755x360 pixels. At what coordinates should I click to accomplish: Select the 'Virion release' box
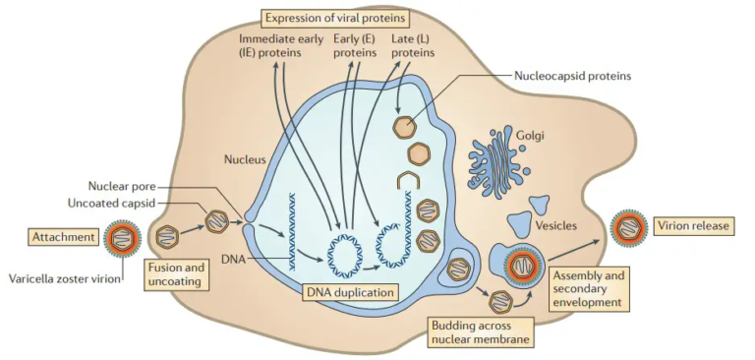pos(694,226)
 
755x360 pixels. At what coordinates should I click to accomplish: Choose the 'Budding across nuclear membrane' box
pos(480,330)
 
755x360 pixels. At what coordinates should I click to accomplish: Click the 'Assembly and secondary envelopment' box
pos(588,289)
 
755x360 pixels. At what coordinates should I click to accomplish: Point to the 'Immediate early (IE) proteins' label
pos(280,45)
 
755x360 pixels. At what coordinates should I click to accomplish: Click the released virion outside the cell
pos(626,227)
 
